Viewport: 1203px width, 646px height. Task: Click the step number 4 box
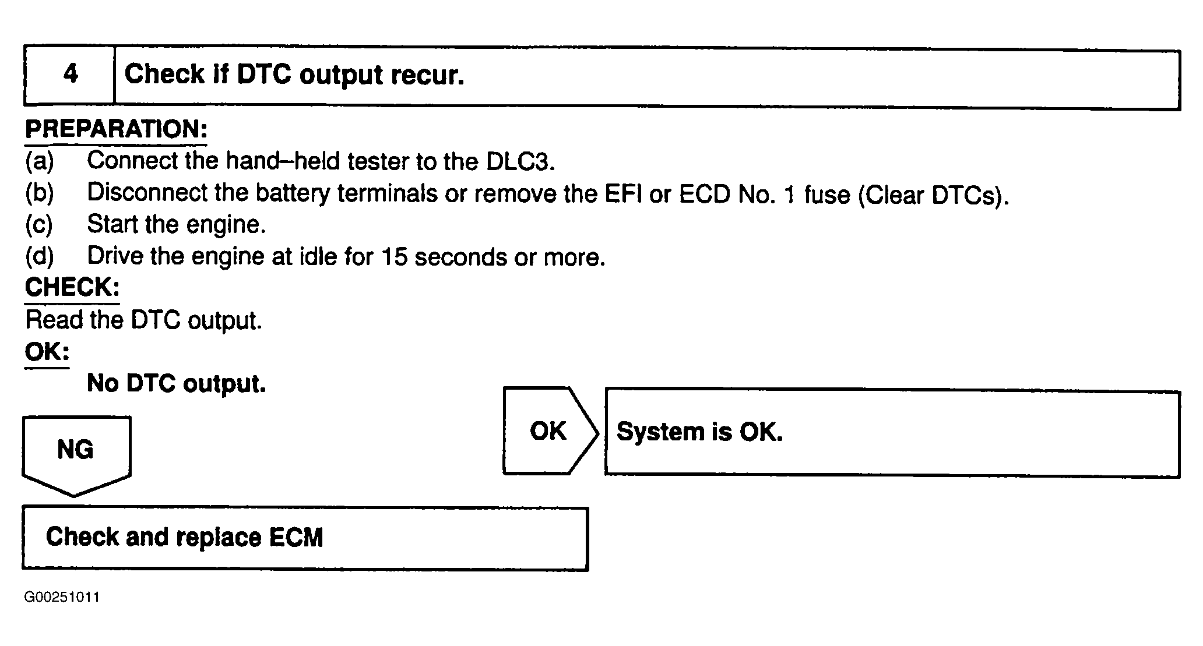pyautogui.click(x=69, y=76)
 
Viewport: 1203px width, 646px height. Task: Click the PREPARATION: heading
pyautogui.click(x=116, y=129)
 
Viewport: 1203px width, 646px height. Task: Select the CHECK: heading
pyautogui.click(x=72, y=288)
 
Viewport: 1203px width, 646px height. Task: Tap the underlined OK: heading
pyautogui.click(x=47, y=352)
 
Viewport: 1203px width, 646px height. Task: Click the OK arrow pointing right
pyautogui.click(x=550, y=430)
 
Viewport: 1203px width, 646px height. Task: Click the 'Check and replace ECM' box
pyautogui.click(x=305, y=538)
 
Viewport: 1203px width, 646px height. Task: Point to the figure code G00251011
pyautogui.click(x=62, y=598)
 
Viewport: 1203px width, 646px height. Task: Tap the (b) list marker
pyautogui.click(x=40, y=193)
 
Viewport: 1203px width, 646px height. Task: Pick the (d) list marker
pyautogui.click(x=40, y=256)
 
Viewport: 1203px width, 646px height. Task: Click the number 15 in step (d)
pyautogui.click(x=395, y=257)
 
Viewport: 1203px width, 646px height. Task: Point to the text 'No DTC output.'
pyautogui.click(x=177, y=383)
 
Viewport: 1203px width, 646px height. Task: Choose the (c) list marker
pyautogui.click(x=39, y=225)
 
